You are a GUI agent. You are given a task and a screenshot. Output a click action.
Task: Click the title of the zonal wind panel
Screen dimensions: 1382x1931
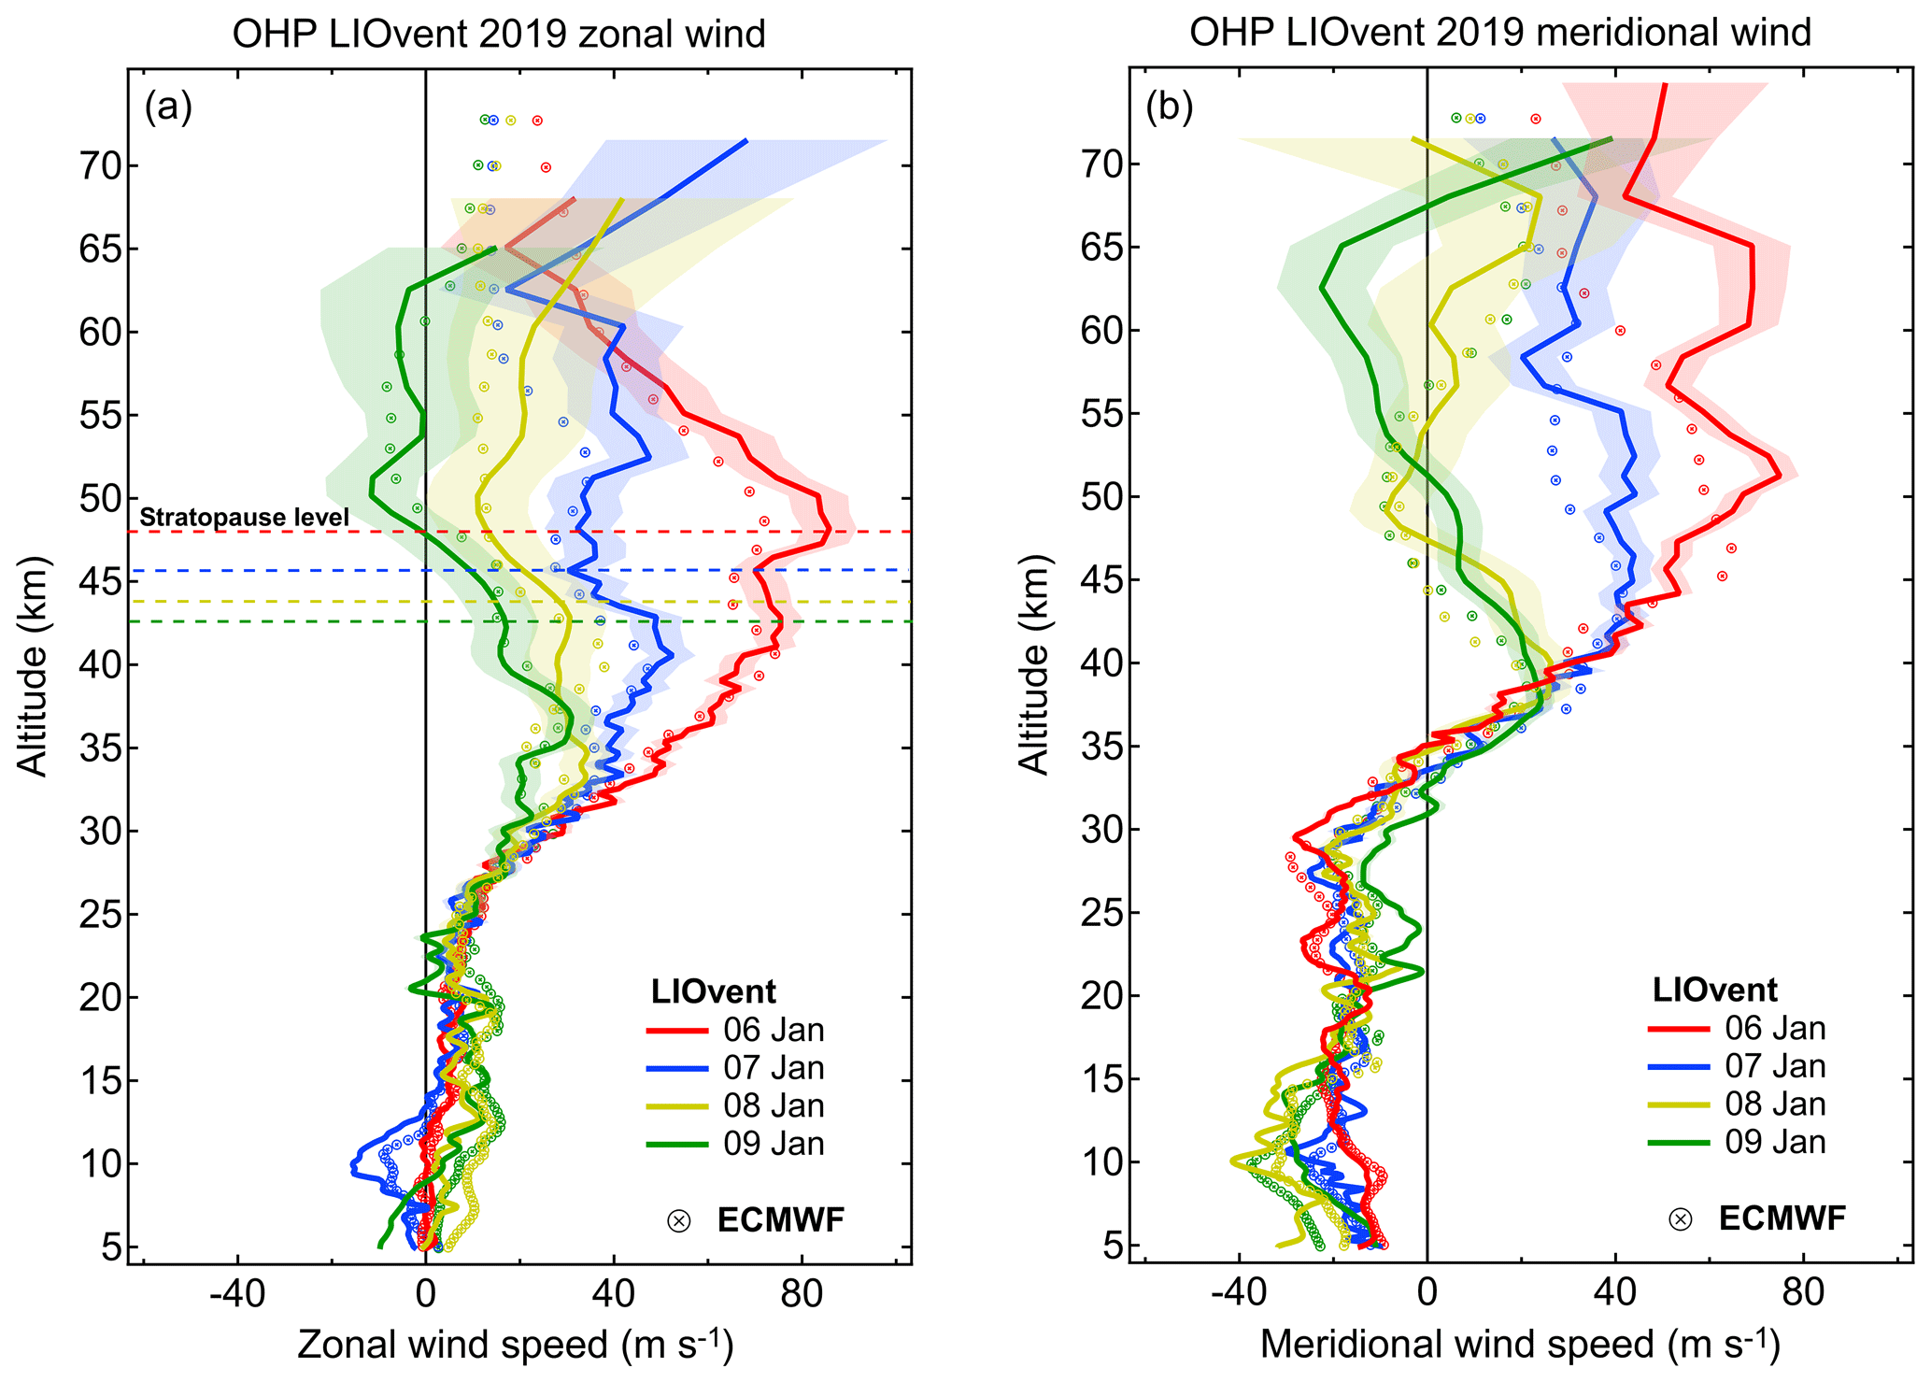pos(498,34)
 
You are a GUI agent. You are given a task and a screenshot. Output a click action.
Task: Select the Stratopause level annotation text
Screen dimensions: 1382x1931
pos(244,517)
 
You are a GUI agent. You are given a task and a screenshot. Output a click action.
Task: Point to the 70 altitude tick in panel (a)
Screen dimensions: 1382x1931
pos(101,166)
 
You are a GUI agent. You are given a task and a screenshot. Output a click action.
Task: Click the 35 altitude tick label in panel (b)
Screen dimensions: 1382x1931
pos(1102,747)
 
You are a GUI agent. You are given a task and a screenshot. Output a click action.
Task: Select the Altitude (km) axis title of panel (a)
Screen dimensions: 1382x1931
pos(34,666)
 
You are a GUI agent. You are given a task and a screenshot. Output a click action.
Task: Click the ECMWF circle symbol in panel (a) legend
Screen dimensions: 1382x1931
pos(679,1220)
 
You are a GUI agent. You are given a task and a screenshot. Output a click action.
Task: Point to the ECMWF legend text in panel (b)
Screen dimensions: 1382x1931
pos(1782,1218)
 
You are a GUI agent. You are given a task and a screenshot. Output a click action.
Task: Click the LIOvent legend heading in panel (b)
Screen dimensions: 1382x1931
pos(1714,990)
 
